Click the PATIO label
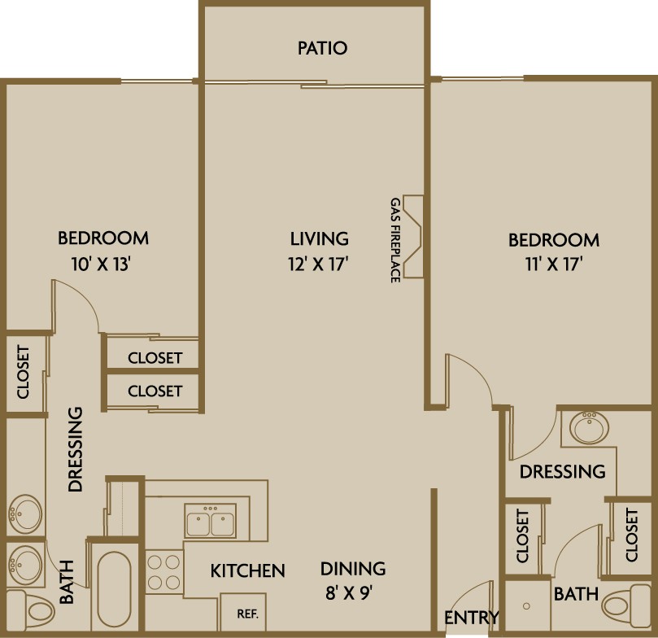point(322,48)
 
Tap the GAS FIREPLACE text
point(395,240)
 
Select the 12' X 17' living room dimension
point(319,264)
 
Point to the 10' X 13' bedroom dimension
point(102,264)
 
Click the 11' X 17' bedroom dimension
point(554,264)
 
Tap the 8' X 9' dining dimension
point(349,593)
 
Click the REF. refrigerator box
point(243,612)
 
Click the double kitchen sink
point(210,521)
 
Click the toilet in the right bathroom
point(626,604)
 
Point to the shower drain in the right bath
point(526,606)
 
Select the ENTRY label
point(472,618)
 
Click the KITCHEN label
point(247,570)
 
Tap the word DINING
point(353,569)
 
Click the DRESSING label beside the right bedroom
point(562,472)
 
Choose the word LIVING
point(320,238)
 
